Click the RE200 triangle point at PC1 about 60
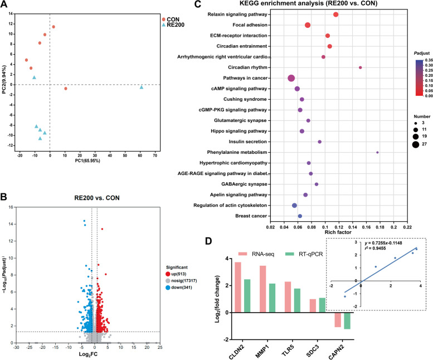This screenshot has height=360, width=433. [x=142, y=87]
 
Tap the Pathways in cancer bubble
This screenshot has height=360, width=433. [x=291, y=79]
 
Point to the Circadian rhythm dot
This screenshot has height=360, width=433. [x=361, y=67]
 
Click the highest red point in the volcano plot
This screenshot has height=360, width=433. [x=103, y=228]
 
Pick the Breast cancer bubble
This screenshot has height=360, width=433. [x=300, y=216]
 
